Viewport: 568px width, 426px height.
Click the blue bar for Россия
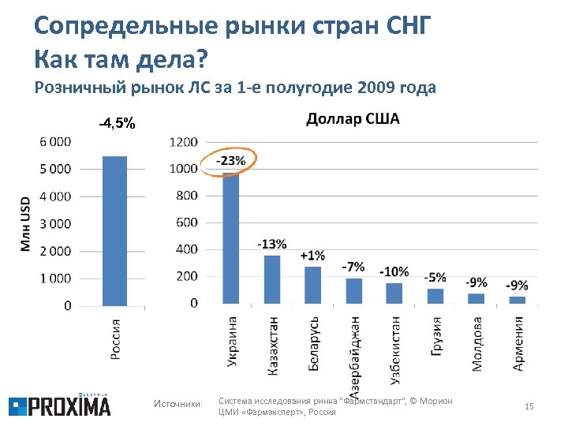tap(114, 230)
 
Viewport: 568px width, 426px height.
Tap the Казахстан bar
tap(272, 279)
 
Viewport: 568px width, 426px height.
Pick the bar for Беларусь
tap(313, 285)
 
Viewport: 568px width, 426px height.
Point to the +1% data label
tap(312, 255)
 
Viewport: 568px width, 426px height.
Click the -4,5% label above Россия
tap(117, 124)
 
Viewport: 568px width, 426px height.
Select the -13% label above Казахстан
tap(272, 244)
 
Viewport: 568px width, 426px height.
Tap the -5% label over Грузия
tap(435, 277)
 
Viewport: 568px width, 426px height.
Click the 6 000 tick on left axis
tap(54, 141)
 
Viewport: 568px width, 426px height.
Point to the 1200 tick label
tap(184, 142)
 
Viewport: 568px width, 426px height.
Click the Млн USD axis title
tap(25, 224)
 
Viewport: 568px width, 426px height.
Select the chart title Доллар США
tap(353, 119)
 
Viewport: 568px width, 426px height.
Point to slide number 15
tap(529, 406)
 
